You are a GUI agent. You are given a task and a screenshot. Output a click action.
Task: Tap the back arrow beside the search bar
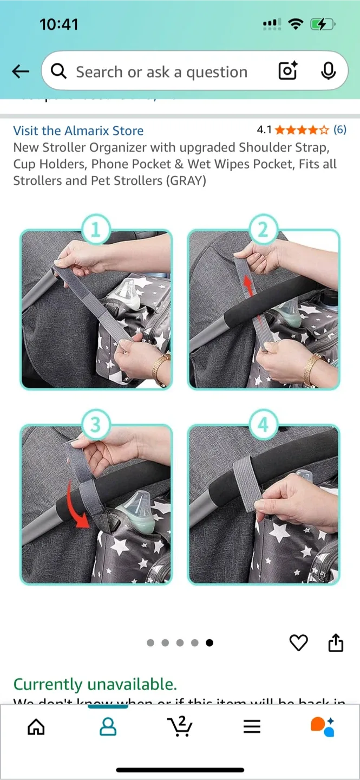(20, 71)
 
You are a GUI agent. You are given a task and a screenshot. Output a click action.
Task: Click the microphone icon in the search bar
(328, 71)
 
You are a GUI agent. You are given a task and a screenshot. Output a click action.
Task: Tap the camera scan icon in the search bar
(288, 71)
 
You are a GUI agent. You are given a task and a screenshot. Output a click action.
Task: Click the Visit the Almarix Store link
(78, 131)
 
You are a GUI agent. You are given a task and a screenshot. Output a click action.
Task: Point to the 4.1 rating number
(264, 130)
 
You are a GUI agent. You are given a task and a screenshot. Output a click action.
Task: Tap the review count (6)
(339, 129)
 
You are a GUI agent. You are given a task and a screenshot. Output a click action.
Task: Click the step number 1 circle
(95, 230)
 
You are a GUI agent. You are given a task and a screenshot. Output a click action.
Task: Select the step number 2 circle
(263, 230)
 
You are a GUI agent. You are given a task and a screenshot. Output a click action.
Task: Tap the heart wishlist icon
(298, 643)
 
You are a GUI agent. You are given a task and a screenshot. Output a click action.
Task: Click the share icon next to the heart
(336, 643)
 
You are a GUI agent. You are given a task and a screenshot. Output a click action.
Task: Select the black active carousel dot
(210, 643)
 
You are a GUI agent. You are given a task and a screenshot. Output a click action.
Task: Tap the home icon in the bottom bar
(36, 726)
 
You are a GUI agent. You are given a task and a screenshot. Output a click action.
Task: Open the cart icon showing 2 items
(180, 726)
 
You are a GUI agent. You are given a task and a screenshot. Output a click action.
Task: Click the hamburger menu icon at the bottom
(252, 726)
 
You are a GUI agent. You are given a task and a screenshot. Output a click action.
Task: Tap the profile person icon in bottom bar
(108, 726)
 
